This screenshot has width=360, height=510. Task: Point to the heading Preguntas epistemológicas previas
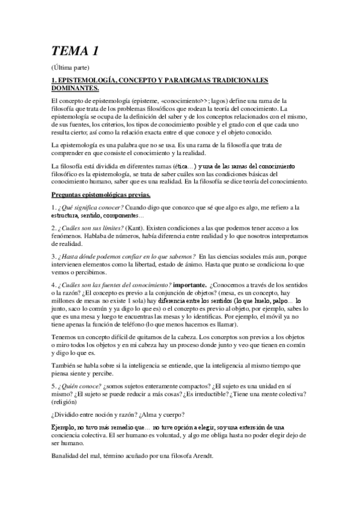pyautogui.click(x=104, y=194)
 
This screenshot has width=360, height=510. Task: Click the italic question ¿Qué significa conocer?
pyautogui.click(x=93, y=207)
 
